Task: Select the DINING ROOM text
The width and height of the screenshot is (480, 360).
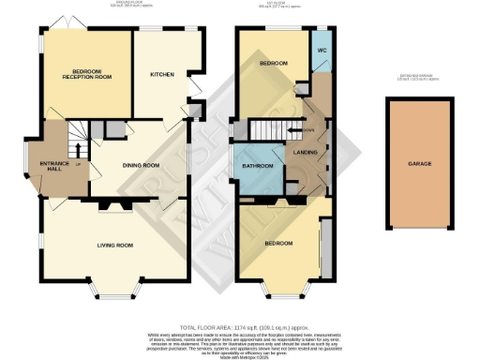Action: pos(143,166)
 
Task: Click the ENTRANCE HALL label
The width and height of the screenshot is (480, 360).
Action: pos(54,167)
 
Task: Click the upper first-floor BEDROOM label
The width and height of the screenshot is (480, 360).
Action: pos(274,64)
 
